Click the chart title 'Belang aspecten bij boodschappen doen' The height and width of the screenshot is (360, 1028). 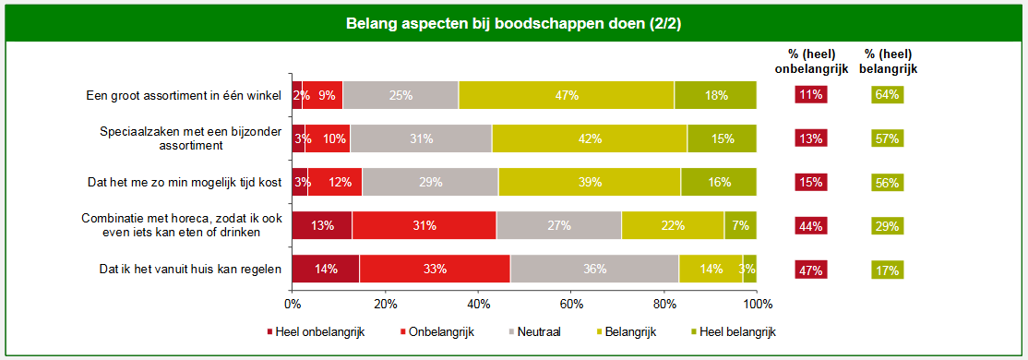click(513, 21)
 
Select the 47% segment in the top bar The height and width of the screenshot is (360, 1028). click(566, 95)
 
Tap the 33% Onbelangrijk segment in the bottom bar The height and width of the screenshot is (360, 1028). click(435, 270)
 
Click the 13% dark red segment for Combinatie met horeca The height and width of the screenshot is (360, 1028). click(322, 225)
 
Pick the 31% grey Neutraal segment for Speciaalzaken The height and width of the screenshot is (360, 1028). click(421, 138)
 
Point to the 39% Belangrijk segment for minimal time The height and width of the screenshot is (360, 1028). click(590, 182)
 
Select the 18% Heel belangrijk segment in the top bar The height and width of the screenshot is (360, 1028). click(715, 95)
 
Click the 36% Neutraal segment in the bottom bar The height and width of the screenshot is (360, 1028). click(594, 270)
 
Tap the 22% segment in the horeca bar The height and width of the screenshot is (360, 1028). click(673, 225)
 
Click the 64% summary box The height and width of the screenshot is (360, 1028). click(886, 95)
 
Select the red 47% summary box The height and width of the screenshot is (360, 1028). click(811, 270)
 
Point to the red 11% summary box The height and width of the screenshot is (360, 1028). click(811, 95)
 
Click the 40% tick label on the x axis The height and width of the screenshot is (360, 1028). click(478, 305)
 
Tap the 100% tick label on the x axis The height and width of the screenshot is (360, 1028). click(757, 305)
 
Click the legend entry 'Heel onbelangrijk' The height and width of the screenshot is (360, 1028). click(316, 332)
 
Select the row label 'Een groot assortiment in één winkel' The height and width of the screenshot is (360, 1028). click(184, 95)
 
